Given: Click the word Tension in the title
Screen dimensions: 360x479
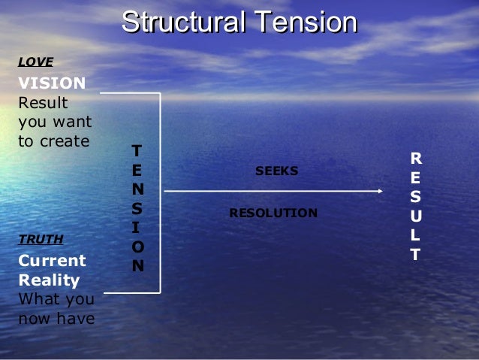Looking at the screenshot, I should pos(305,23).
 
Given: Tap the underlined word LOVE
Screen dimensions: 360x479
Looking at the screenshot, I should pos(35,62).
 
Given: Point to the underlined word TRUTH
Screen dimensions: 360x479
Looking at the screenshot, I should pos(40,240).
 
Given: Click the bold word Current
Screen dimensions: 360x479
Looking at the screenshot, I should pos(52,261).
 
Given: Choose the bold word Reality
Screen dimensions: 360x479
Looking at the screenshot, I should pos(49,280).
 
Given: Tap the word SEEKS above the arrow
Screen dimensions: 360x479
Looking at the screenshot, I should pos(277,171).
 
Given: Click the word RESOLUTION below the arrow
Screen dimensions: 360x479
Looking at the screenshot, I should pos(273,213).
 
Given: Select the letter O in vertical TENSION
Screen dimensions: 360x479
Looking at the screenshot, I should pos(136,246).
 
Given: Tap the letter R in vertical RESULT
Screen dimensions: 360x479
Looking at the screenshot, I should pos(416,159).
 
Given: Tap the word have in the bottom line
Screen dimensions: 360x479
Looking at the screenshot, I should pos(79,319).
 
